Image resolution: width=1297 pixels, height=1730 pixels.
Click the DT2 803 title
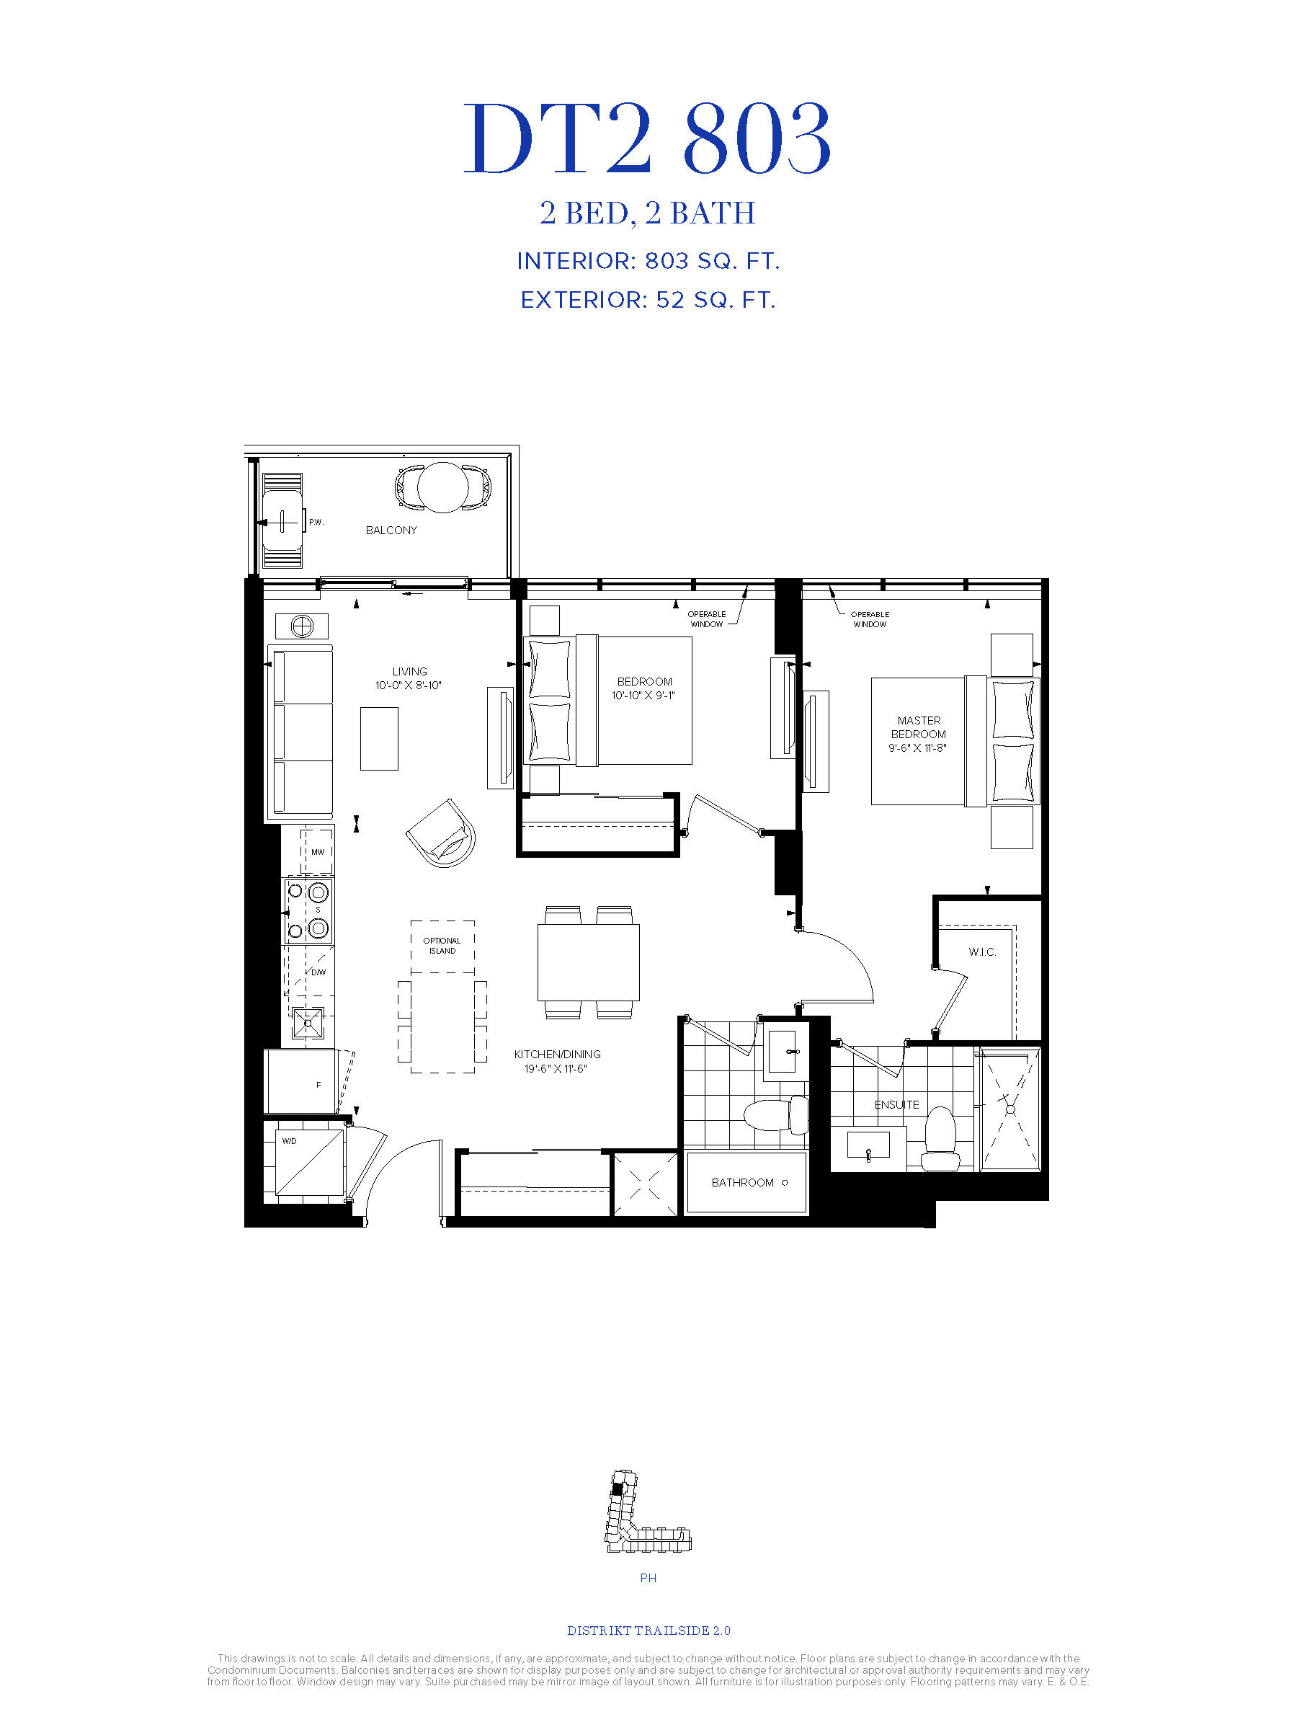pos(647,139)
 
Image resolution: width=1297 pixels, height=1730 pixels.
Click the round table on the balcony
pos(442,487)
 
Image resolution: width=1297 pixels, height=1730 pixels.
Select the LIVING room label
pos(410,671)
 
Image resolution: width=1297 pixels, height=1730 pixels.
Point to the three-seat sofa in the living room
pos(300,731)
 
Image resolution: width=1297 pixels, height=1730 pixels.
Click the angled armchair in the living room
pos(441,831)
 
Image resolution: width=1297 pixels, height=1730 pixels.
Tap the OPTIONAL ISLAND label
pos(442,946)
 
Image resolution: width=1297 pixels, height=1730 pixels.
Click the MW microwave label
pos(318,853)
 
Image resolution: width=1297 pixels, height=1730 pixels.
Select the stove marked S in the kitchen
pos(307,910)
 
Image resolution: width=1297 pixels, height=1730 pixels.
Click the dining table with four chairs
pos(588,962)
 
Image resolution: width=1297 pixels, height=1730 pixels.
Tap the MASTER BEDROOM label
pos(919,727)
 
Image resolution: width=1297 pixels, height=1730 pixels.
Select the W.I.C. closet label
pos(982,951)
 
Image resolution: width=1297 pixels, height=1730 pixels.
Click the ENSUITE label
pos(896,1104)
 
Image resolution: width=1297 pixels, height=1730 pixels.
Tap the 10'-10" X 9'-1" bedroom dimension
pos(643,696)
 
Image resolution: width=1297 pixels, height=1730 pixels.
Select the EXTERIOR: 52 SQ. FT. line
pos(648,301)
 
